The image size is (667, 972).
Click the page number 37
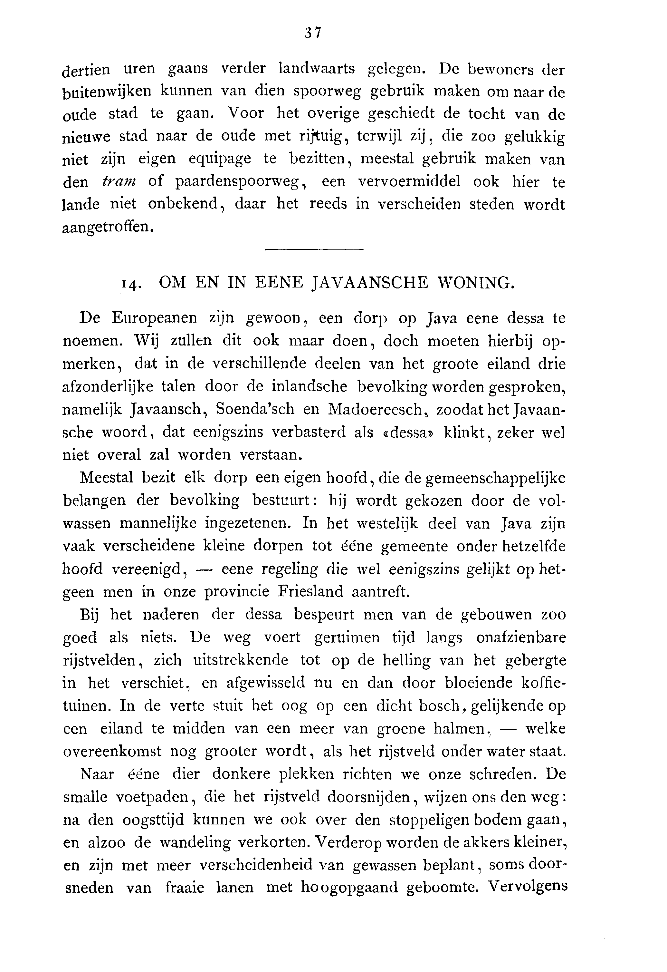pyautogui.click(x=313, y=32)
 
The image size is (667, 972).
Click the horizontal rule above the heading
pyautogui.click(x=314, y=250)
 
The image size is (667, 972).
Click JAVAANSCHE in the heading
pyautogui.click(x=370, y=283)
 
